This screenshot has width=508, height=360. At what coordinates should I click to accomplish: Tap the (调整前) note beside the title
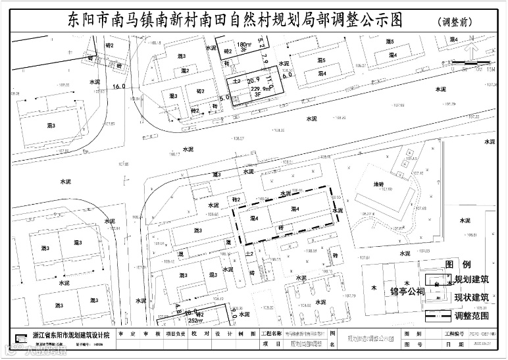[455, 22]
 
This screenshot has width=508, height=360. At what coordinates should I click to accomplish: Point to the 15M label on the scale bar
[490, 68]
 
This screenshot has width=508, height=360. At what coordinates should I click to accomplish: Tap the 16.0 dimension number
[119, 86]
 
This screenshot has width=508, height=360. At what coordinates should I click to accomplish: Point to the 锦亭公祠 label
[407, 290]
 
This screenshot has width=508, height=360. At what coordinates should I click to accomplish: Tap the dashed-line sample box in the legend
[436, 316]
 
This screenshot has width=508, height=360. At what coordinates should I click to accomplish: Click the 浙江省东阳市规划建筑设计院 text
[71, 336]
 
